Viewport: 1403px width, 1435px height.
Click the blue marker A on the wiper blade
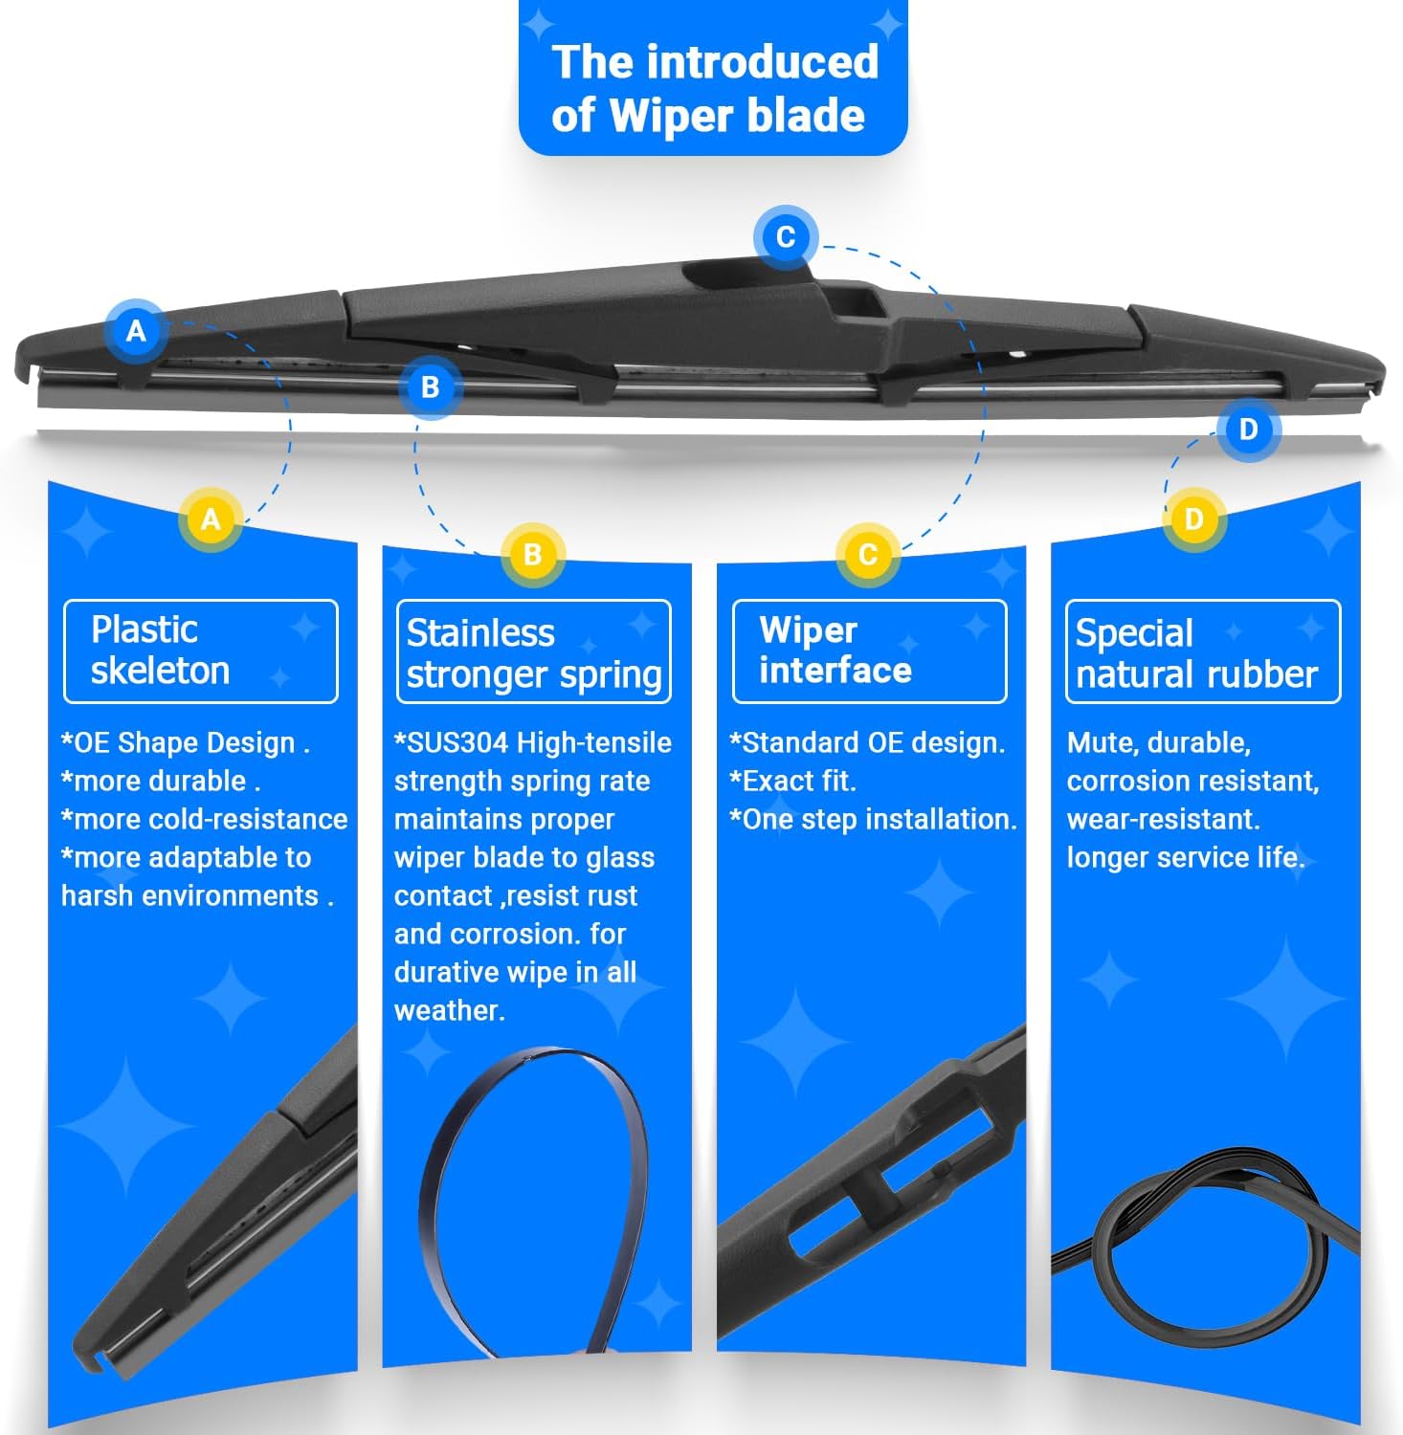pos(136,331)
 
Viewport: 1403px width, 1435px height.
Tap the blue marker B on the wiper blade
pos(430,386)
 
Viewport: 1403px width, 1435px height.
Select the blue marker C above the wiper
pos(785,236)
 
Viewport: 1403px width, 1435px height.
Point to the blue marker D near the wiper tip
pos(1248,429)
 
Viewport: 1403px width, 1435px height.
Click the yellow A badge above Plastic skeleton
pos(211,519)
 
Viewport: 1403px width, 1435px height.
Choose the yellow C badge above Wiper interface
pos(867,554)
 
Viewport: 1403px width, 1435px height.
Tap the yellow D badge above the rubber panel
pos(1193,519)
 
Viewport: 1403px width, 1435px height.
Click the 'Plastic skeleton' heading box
pos(201,651)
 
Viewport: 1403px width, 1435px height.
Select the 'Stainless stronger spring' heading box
pos(534,651)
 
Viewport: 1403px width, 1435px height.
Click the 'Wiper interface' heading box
pos(869,651)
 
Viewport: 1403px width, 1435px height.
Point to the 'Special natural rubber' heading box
pos(1203,651)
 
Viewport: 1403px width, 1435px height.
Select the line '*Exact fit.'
pos(792,781)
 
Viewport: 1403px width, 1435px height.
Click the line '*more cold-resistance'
pos(204,819)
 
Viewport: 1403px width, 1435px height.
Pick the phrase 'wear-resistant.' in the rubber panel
pos(1163,819)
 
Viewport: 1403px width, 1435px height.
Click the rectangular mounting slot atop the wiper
pos(857,303)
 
